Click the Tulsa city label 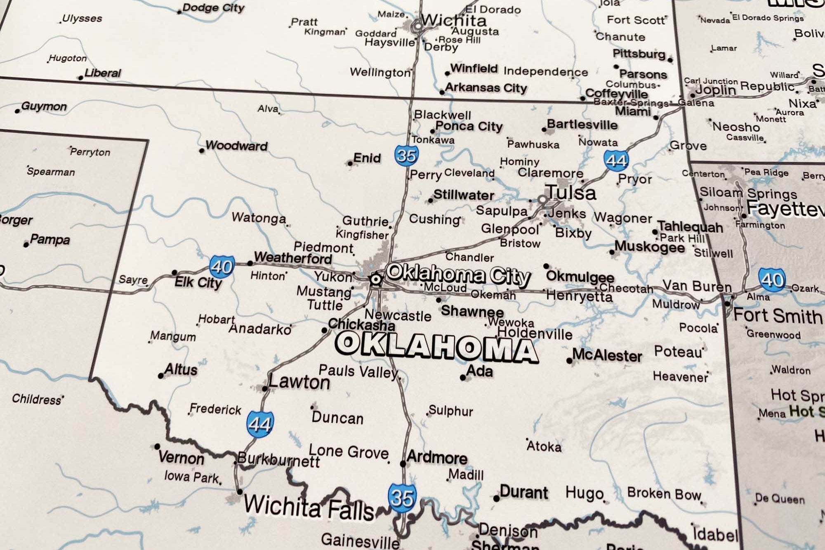(571, 193)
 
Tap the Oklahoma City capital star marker (375, 279)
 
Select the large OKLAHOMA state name (436, 347)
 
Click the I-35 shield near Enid (406, 155)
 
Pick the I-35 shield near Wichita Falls (401, 498)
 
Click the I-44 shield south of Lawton (260, 423)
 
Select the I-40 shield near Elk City (222, 267)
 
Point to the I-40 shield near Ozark (772, 280)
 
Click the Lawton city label (299, 382)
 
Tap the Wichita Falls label (309, 508)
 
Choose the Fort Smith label (778, 316)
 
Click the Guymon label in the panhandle (44, 106)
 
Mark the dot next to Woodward (202, 151)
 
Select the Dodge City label (213, 8)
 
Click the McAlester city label (607, 355)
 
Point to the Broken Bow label (664, 493)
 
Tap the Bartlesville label (582, 125)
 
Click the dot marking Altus (161, 375)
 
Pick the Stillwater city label (463, 195)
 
